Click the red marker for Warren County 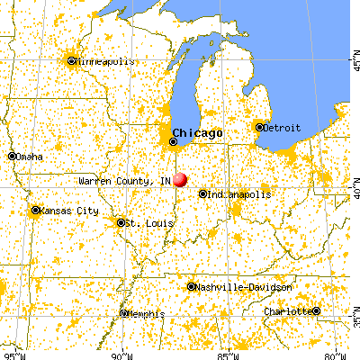[180, 180]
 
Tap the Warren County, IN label [123, 181]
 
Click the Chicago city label [197, 131]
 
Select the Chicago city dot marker [173, 141]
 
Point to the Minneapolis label [105, 61]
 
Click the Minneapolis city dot [71, 61]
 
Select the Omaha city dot [12, 156]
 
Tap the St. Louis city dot [121, 222]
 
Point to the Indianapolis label [236, 193]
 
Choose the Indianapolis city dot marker [202, 193]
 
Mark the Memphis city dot [123, 314]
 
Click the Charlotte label [287, 311]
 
